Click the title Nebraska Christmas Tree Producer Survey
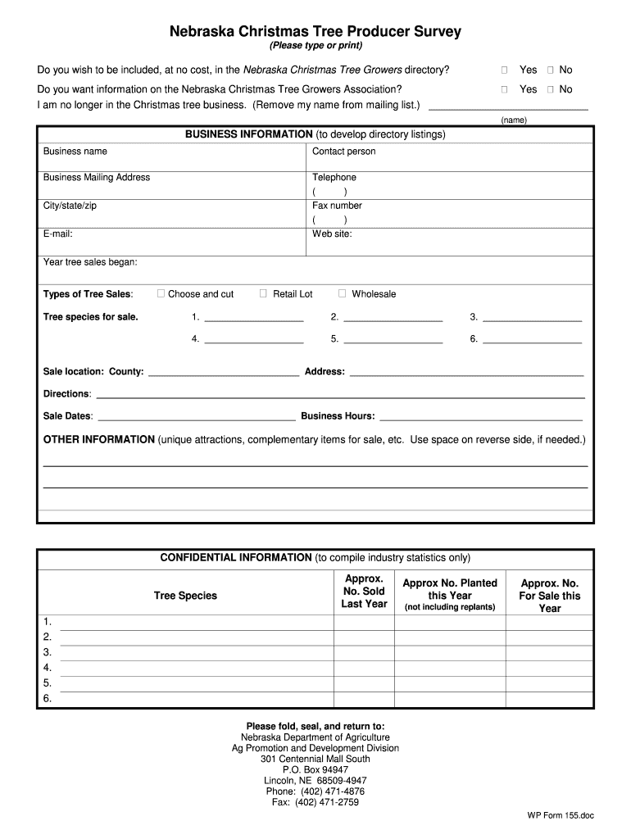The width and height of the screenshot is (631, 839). (x=315, y=32)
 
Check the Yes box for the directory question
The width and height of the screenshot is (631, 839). (x=505, y=70)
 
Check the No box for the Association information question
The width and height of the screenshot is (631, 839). (x=551, y=89)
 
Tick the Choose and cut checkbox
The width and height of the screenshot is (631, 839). (x=161, y=293)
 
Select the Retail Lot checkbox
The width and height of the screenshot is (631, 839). (x=263, y=293)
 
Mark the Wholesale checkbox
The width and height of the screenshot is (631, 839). (x=343, y=293)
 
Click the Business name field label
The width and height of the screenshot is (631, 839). (x=75, y=152)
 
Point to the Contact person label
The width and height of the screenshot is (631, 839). (x=343, y=152)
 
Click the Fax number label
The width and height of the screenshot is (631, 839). (x=337, y=206)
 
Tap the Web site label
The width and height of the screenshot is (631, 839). (x=332, y=234)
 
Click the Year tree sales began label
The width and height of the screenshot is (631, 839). (x=90, y=262)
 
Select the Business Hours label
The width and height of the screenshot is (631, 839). (x=338, y=416)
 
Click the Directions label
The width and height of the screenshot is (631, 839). (x=66, y=394)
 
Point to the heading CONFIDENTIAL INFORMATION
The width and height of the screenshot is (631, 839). (x=235, y=558)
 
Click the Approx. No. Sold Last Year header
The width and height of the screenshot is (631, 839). (x=364, y=592)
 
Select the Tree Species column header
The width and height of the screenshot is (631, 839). (x=185, y=596)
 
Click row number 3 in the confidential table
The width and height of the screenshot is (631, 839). (x=48, y=652)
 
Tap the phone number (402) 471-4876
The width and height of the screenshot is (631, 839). (x=315, y=791)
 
